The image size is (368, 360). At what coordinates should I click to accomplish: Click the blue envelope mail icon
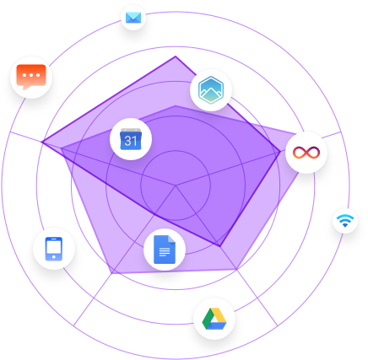coord(133,18)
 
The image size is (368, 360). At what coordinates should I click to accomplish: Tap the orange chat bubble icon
coord(31,77)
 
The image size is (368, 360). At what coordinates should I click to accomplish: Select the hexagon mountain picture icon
coord(211,90)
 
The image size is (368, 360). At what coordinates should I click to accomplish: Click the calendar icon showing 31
coord(131,139)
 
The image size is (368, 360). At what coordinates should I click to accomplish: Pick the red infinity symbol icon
coord(306,153)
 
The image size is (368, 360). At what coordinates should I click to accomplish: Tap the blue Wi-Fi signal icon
coord(345,221)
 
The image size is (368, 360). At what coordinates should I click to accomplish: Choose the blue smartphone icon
coord(54,249)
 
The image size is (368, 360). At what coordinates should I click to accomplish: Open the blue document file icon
coord(165,250)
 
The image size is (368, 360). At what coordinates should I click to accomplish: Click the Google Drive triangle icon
coord(214,319)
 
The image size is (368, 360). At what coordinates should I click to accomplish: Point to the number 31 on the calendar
coord(131,141)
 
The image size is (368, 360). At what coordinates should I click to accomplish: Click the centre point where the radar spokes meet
coord(176,185)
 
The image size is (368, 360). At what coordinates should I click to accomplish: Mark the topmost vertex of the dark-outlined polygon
coord(176,56)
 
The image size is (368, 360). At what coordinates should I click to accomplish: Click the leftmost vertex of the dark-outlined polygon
coord(42,142)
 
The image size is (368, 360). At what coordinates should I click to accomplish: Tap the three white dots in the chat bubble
coord(31,75)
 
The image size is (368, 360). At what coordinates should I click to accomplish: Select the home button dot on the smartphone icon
coord(54,257)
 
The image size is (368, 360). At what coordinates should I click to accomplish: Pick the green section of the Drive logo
coord(207,319)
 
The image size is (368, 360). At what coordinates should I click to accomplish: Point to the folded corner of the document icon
coord(171,239)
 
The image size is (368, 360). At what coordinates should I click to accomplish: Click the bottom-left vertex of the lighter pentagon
coord(111,273)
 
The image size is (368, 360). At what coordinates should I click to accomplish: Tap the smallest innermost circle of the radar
coord(176,151)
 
